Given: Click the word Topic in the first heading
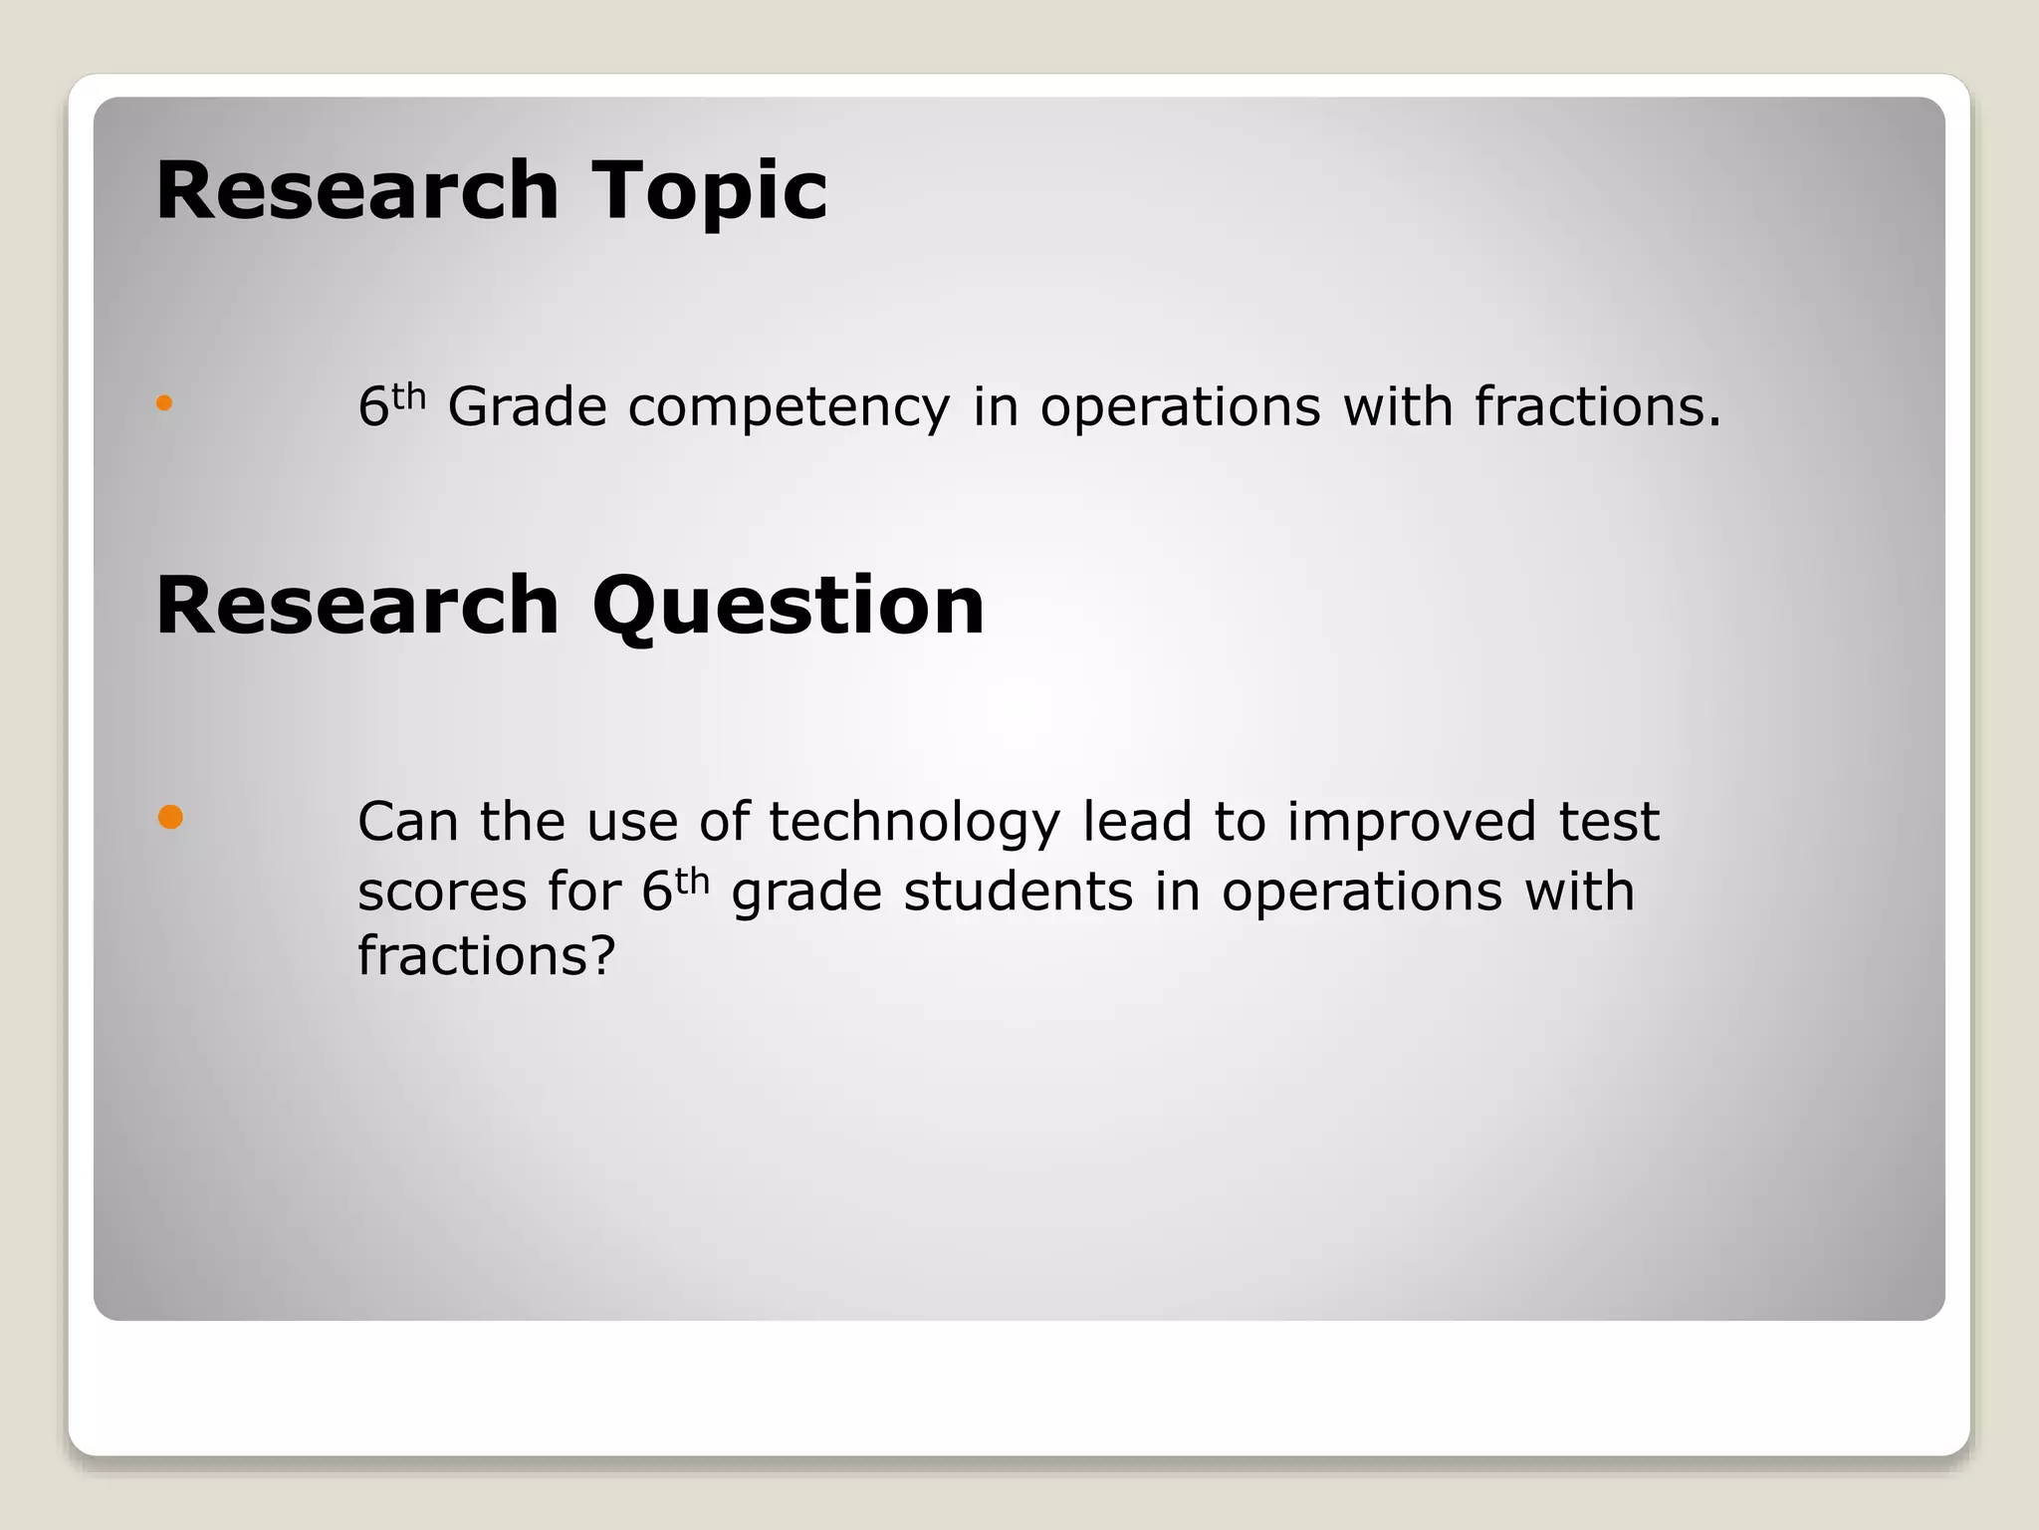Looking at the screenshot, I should (709, 191).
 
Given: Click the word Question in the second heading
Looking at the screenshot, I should (788, 606).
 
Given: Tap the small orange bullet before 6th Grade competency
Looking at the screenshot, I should (164, 403).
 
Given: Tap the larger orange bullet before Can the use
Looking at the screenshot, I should (170, 818).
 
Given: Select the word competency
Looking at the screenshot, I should (789, 408).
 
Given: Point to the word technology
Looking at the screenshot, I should (913, 823).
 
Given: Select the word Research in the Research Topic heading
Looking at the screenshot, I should (357, 191).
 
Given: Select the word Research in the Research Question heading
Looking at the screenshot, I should (357, 606).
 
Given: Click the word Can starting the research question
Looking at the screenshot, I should (407, 822).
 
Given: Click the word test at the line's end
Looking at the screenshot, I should (1609, 822).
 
